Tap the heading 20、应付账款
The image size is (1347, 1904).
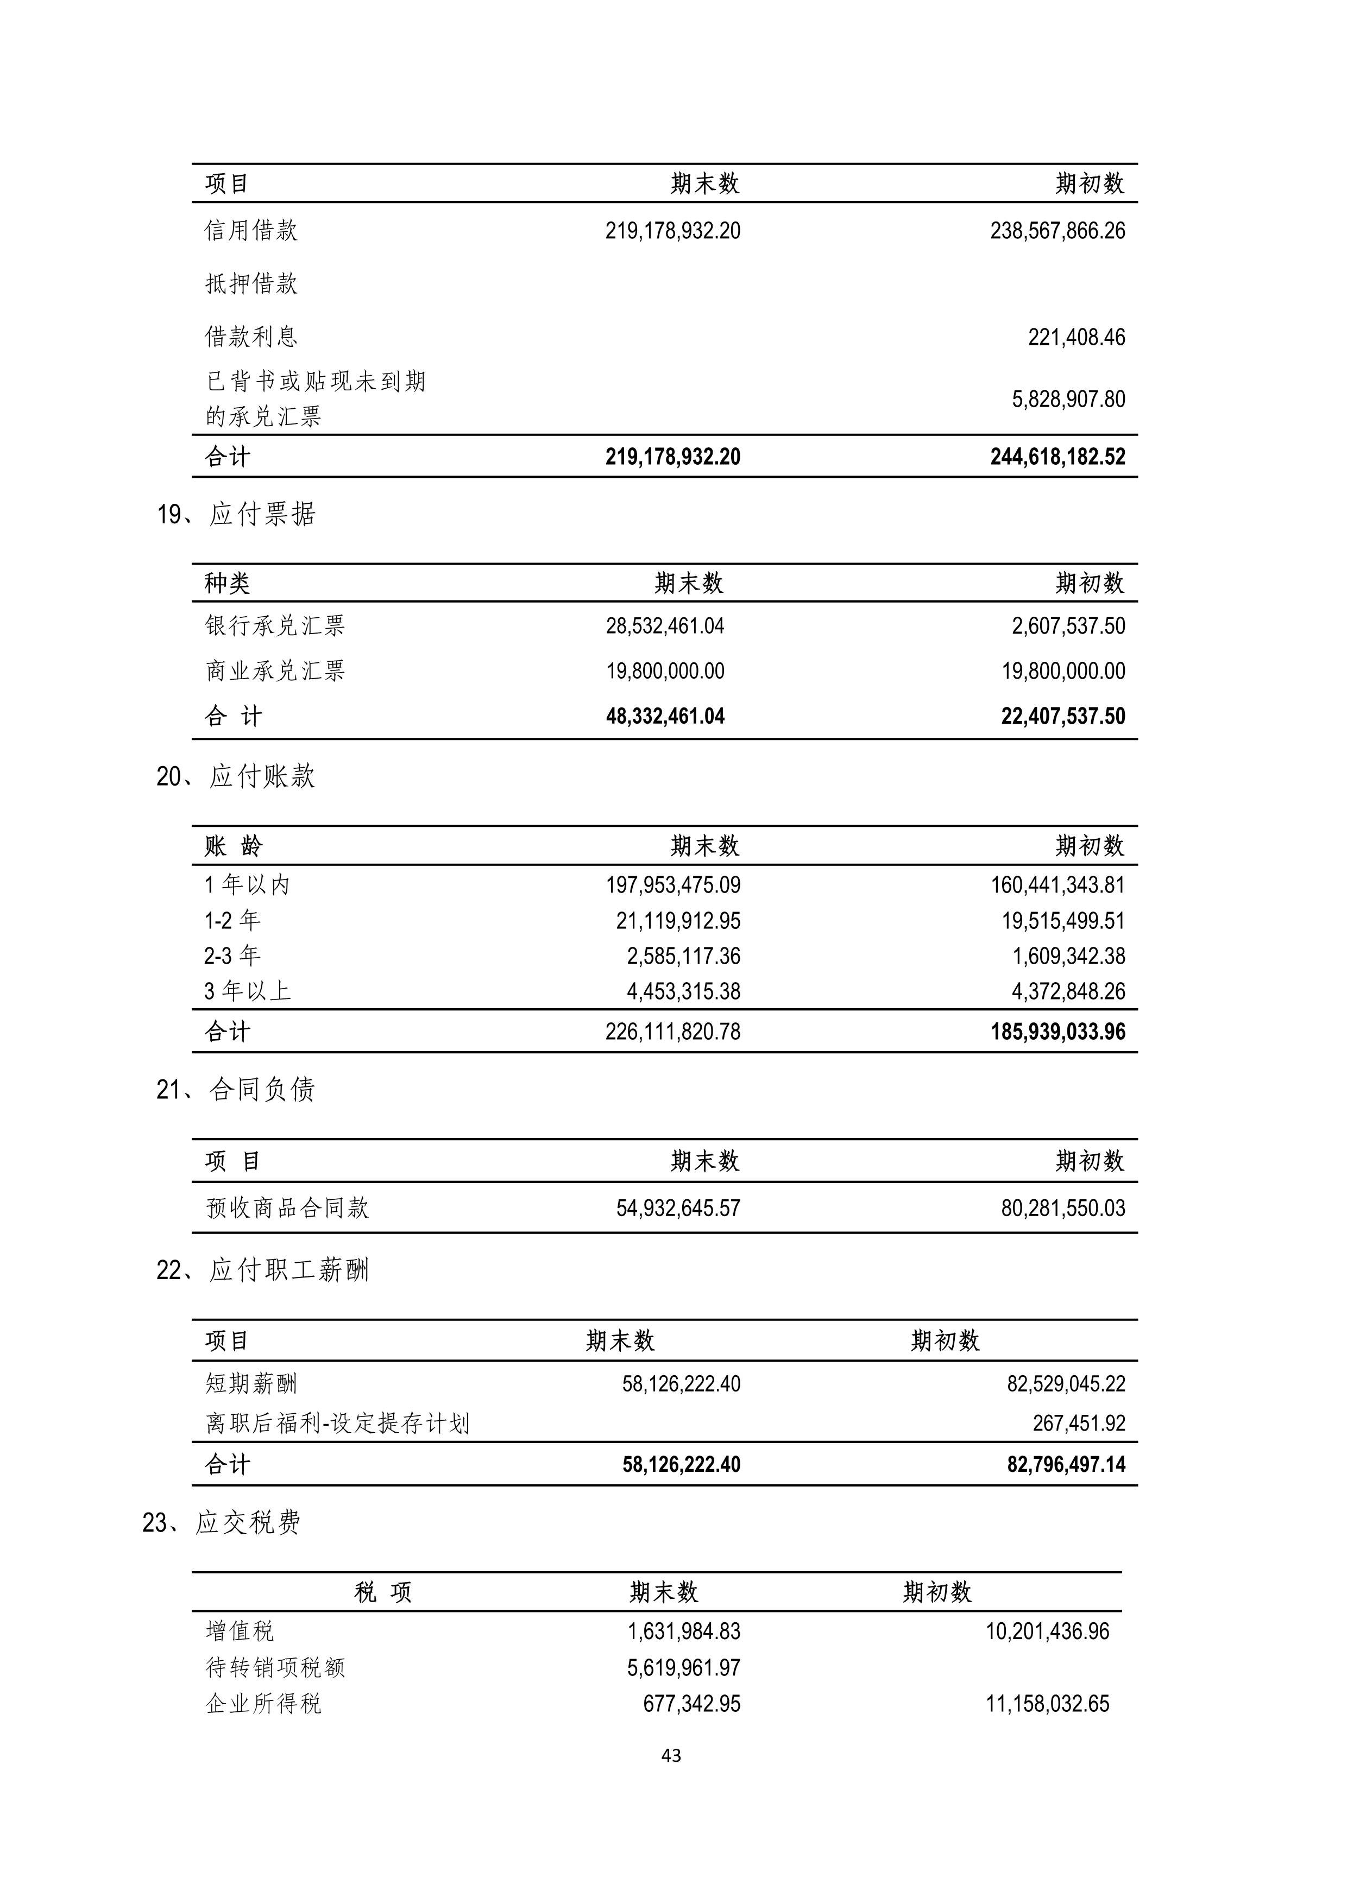236,776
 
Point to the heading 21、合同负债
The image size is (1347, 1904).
236,1090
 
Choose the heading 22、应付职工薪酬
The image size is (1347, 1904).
263,1270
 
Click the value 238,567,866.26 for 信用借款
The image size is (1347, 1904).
1058,231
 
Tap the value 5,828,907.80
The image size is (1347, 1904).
1068,399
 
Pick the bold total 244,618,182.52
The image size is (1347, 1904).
1058,457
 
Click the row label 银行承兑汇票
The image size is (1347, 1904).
274,626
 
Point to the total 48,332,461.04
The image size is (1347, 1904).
665,717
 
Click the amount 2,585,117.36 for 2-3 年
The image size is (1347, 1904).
683,956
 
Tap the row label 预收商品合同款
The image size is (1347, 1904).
287,1208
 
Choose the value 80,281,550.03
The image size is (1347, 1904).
1063,1208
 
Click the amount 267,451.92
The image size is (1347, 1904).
1079,1424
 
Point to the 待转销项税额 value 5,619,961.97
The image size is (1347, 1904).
683,1668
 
